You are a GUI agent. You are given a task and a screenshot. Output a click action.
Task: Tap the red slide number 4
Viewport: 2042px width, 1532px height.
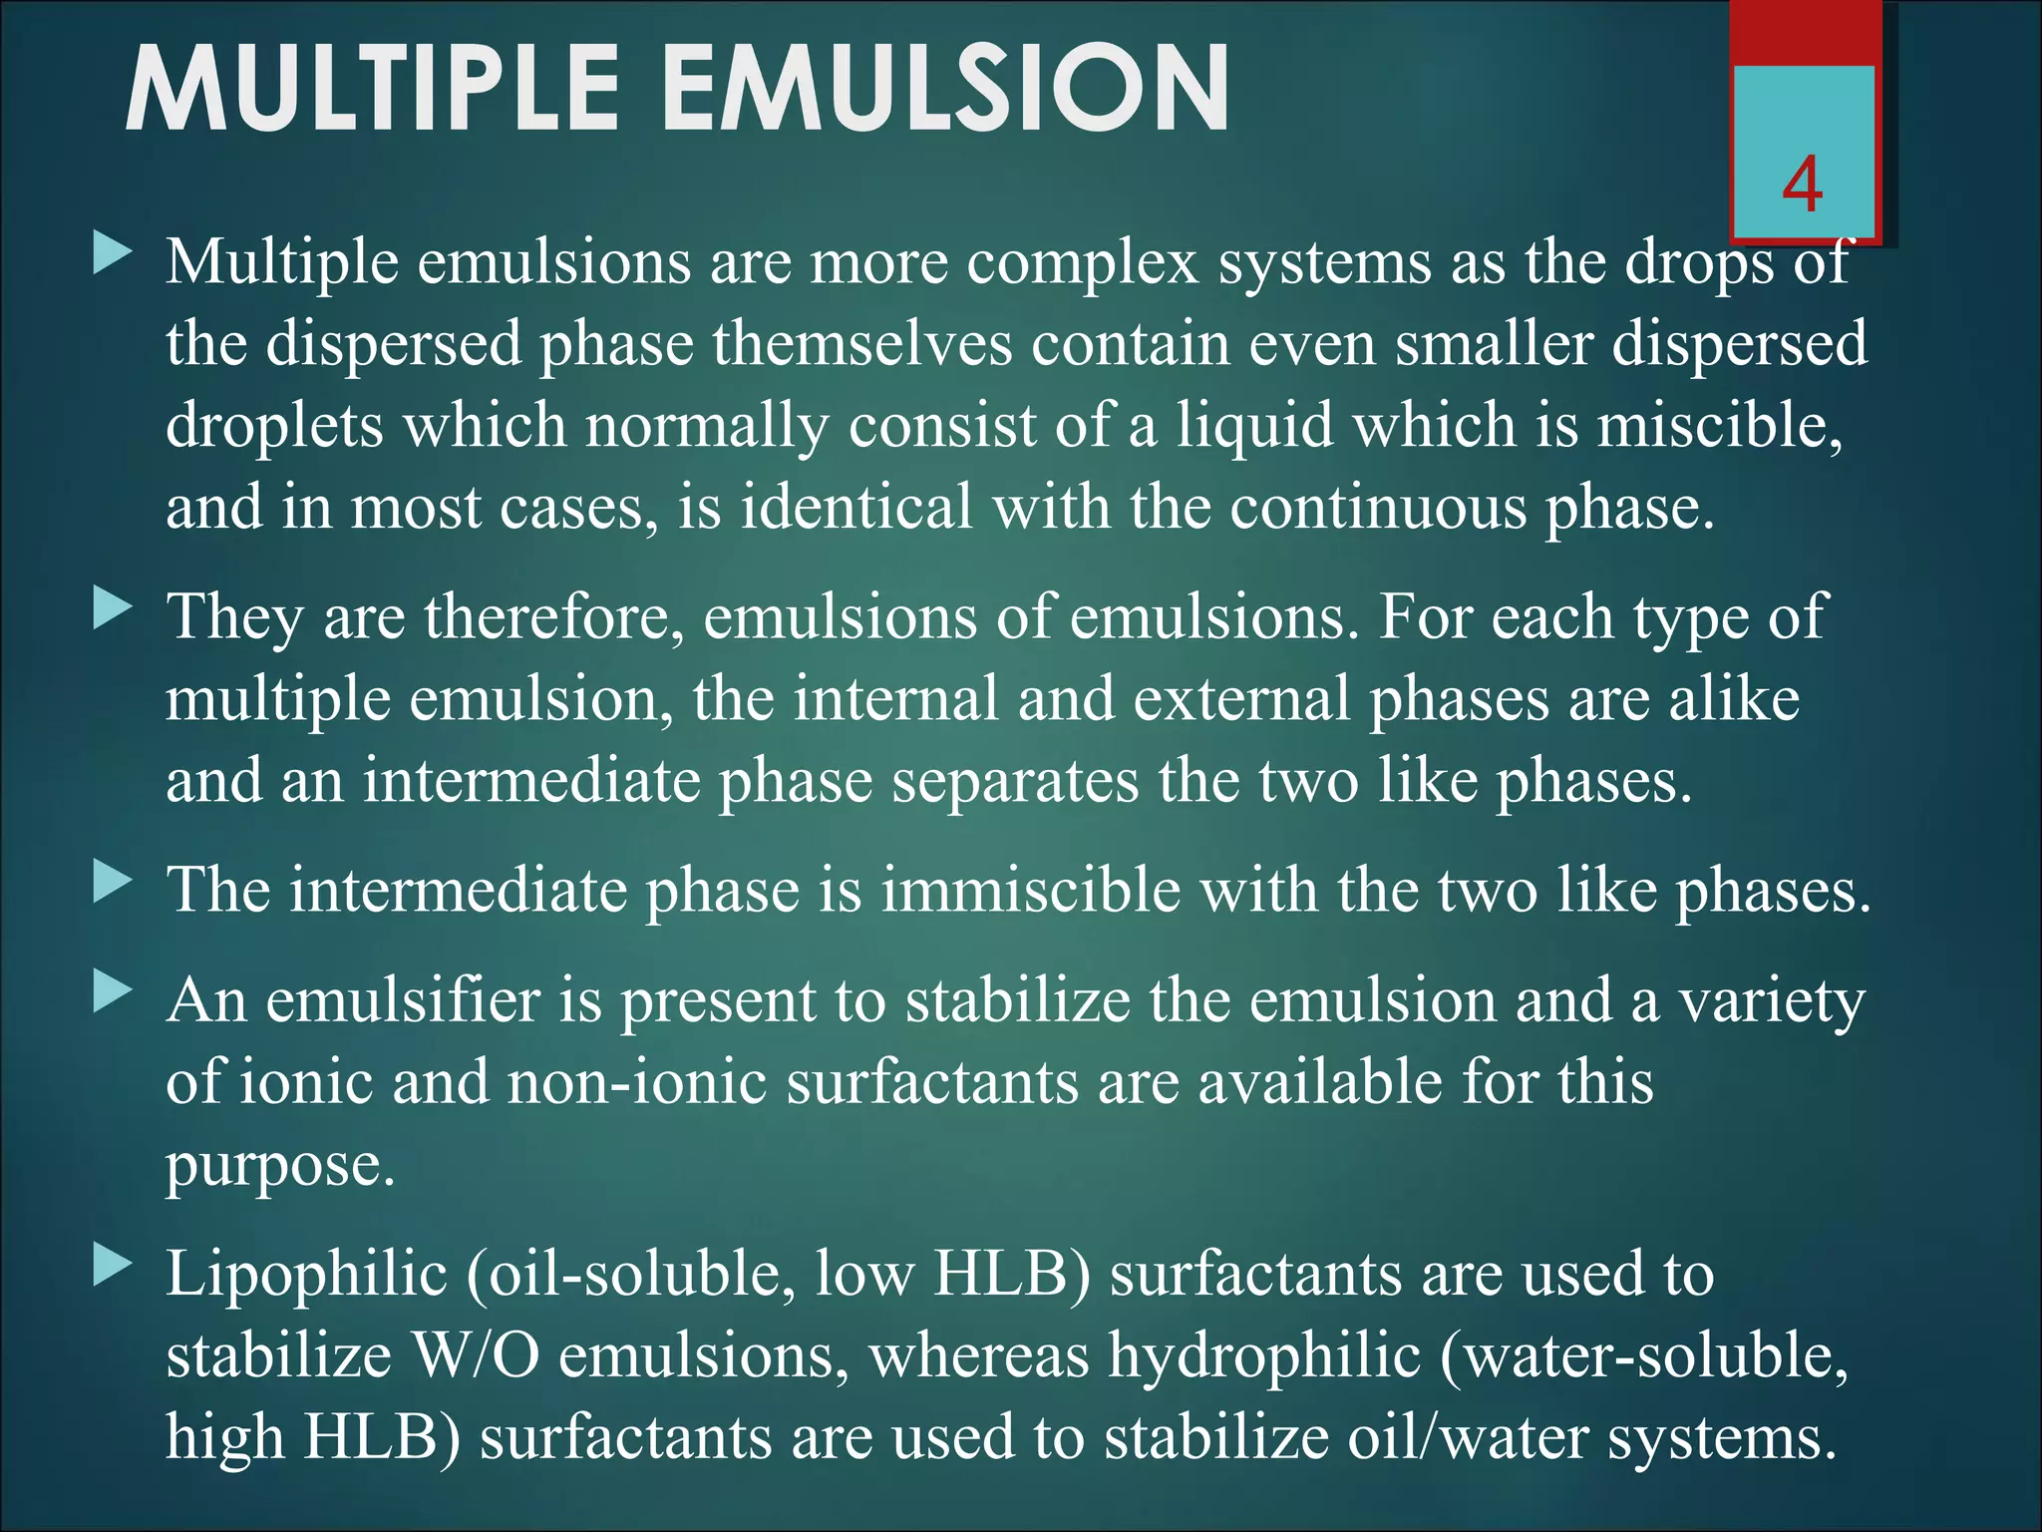tap(1803, 186)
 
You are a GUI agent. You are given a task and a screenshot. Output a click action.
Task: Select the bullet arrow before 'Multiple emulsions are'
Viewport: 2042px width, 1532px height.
tap(113, 254)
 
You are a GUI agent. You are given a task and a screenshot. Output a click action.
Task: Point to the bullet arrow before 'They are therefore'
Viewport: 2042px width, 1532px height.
tap(113, 607)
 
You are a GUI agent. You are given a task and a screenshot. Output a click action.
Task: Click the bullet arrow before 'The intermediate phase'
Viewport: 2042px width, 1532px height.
tap(113, 882)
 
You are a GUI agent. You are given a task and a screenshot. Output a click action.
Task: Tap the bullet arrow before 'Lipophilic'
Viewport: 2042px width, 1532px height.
tap(113, 1267)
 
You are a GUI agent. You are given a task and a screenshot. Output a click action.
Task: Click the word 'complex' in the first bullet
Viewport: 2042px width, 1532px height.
tap(1083, 264)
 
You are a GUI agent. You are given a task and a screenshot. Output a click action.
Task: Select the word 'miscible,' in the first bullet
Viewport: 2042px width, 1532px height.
tap(1720, 426)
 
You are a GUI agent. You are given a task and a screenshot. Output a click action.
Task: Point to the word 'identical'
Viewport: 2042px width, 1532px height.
tap(856, 507)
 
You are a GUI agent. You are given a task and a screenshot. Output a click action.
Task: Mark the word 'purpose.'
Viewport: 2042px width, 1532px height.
tap(280, 1166)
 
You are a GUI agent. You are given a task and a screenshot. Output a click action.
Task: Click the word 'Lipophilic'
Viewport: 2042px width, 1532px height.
tap(306, 1276)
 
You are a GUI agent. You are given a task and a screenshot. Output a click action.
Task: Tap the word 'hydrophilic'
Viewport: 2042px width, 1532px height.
tap(1264, 1357)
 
